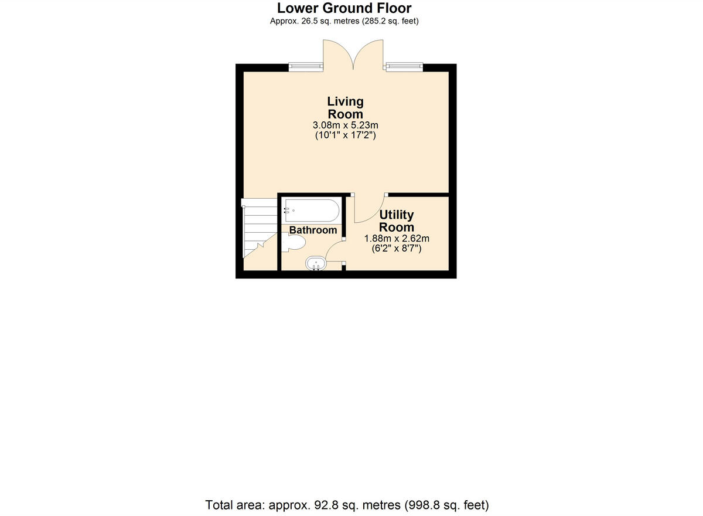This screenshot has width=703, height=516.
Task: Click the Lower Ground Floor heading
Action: coord(344,8)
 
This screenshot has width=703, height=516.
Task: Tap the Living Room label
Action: coord(345,108)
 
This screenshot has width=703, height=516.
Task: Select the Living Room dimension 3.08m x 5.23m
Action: coord(345,125)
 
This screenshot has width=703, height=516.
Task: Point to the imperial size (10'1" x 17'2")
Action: coord(345,135)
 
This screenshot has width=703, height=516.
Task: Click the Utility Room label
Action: coord(397,221)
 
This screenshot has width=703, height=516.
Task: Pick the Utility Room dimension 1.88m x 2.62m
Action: coord(397,238)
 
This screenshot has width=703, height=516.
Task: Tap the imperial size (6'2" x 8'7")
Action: coord(397,249)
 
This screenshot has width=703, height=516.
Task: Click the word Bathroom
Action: coord(313,230)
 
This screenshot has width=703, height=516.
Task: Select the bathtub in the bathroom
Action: coord(310,210)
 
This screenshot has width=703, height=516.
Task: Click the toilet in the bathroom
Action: coord(296,242)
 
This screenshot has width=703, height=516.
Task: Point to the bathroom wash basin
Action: coord(316,264)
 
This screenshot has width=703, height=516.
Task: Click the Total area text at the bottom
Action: coord(347,504)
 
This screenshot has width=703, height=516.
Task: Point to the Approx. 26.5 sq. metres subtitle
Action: coord(344,21)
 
